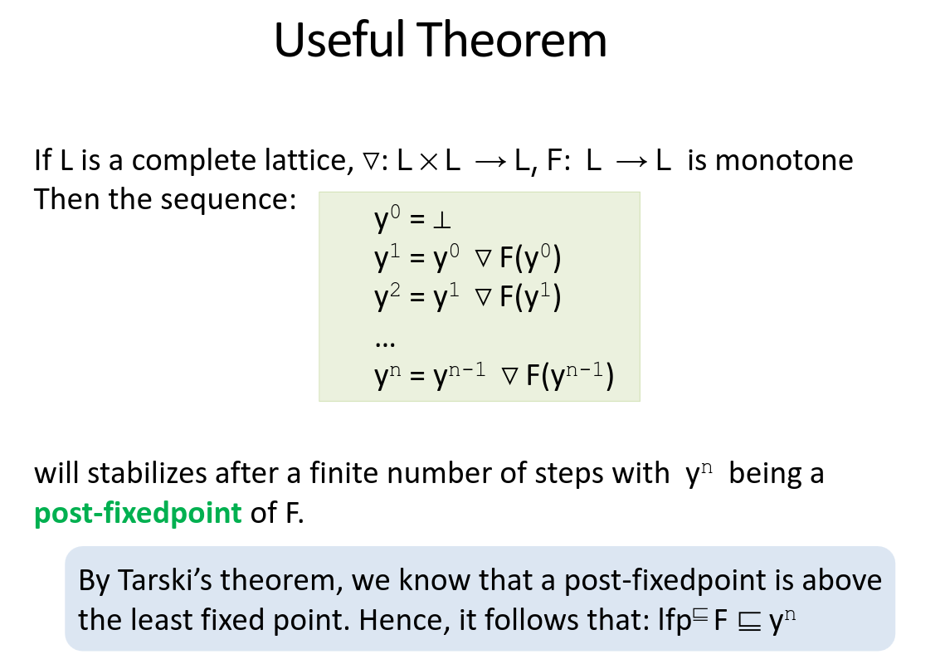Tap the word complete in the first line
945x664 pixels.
coord(182,159)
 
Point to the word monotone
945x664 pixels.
coord(783,159)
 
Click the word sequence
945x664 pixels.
coord(224,199)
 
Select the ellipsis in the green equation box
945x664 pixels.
coord(384,341)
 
